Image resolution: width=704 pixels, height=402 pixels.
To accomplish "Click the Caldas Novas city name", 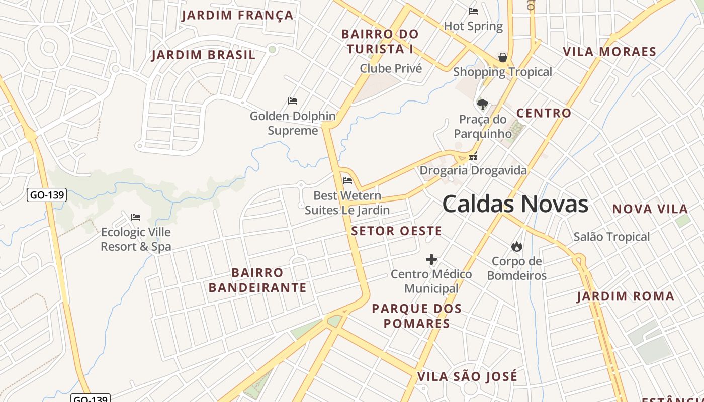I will (515, 204).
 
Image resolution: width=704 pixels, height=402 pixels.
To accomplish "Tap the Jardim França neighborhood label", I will (237, 15).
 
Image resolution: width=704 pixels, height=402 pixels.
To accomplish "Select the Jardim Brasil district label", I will (204, 55).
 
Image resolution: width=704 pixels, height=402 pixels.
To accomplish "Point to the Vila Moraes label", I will (609, 52).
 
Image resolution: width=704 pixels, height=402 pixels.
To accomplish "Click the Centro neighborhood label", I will (544, 113).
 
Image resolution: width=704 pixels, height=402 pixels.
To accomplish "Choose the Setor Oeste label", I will (396, 231).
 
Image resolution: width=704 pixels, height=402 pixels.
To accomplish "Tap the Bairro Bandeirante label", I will (257, 280).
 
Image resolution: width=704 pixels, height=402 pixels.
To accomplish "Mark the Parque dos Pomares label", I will (416, 316).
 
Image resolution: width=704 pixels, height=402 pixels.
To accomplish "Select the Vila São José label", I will (467, 376).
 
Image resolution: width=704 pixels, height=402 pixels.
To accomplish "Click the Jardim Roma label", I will (625, 296).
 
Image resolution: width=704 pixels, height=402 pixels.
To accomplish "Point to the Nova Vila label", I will (650, 209).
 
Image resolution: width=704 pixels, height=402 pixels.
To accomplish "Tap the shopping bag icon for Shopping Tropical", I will (502, 57).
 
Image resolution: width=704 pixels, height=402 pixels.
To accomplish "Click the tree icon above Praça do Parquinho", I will (483, 105).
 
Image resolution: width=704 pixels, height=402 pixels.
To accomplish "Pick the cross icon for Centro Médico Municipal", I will (431, 259).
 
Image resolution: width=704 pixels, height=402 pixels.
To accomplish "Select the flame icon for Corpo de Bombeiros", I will (516, 246).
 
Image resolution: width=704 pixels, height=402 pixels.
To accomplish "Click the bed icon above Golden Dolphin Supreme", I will (293, 101).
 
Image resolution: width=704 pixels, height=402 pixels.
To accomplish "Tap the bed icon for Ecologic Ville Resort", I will (136, 217).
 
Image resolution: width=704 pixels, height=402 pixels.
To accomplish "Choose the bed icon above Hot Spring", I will (473, 11).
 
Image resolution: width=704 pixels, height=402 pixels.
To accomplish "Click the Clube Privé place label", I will (391, 68).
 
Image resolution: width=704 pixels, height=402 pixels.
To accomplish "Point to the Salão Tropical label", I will (611, 237).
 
